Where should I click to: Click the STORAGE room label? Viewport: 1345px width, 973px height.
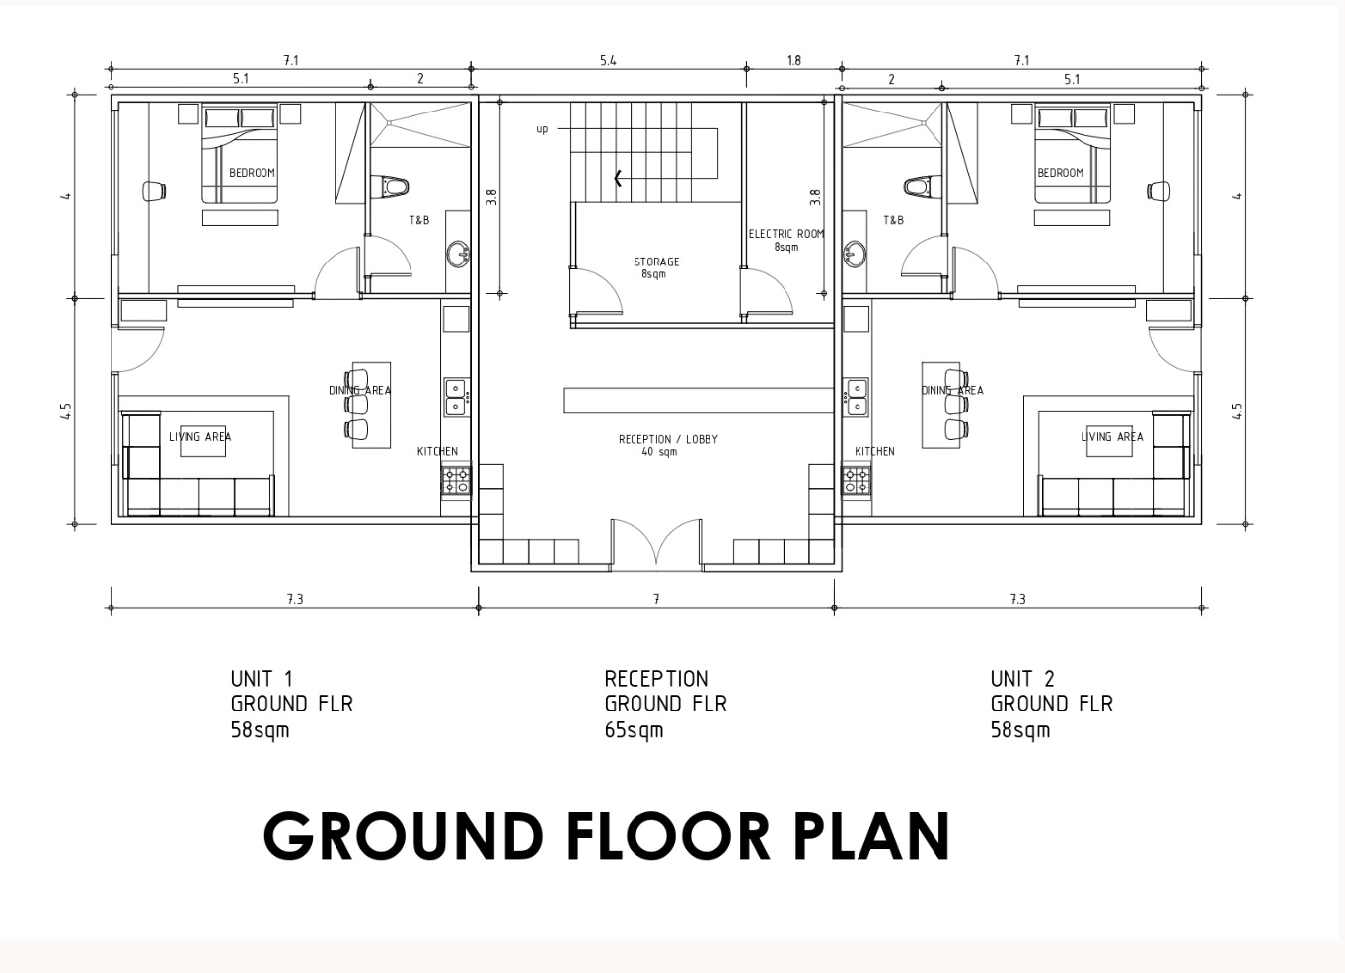click(656, 262)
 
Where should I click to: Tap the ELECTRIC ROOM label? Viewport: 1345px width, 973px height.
click(786, 234)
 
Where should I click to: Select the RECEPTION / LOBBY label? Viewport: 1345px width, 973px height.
click(668, 439)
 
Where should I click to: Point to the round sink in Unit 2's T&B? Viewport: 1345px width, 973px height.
click(855, 253)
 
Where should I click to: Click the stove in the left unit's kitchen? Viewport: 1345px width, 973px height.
click(456, 481)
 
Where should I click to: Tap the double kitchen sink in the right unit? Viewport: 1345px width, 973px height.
click(856, 397)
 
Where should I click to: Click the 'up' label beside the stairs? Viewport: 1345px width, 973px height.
click(542, 129)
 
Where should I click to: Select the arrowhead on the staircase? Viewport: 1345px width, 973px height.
click(618, 178)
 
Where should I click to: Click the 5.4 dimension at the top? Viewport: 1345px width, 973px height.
click(608, 60)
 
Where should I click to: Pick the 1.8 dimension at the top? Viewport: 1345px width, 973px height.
click(793, 60)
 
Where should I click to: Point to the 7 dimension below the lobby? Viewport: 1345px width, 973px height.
click(656, 599)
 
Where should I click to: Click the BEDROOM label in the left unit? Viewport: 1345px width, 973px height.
click(252, 173)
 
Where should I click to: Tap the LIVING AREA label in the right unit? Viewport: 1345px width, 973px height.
click(1112, 436)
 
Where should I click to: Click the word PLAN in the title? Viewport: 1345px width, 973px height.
click(872, 837)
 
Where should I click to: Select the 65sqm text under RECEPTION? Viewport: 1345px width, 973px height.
click(634, 730)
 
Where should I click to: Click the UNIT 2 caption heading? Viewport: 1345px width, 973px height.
click(1022, 679)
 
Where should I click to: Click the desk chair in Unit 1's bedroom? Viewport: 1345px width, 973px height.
click(154, 191)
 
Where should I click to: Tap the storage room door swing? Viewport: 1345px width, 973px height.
click(598, 291)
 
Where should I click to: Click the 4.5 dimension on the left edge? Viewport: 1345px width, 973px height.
click(66, 412)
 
